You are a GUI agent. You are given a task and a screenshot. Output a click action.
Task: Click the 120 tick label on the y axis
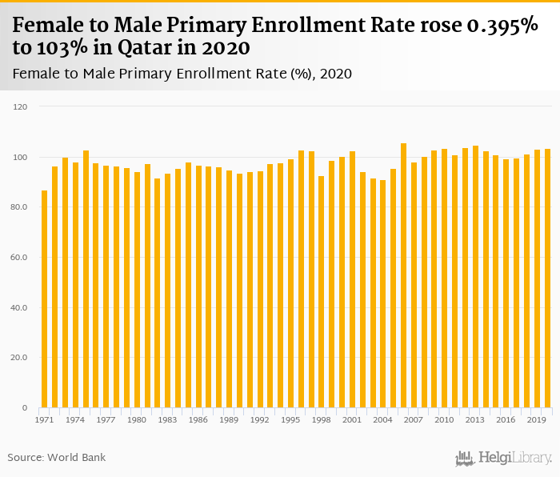(x=21, y=106)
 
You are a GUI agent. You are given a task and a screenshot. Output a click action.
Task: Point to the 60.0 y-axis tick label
(x=19, y=258)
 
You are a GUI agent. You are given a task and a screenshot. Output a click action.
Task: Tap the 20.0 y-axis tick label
(x=19, y=358)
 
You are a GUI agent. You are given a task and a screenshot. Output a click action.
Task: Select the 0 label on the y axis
(x=25, y=408)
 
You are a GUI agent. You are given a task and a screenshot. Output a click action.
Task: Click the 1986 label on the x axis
(x=198, y=419)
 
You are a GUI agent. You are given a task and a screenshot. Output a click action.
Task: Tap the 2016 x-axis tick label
(x=506, y=419)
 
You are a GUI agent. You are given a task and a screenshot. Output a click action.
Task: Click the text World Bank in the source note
(x=77, y=458)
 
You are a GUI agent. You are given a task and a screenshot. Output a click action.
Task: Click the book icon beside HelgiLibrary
(x=465, y=458)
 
